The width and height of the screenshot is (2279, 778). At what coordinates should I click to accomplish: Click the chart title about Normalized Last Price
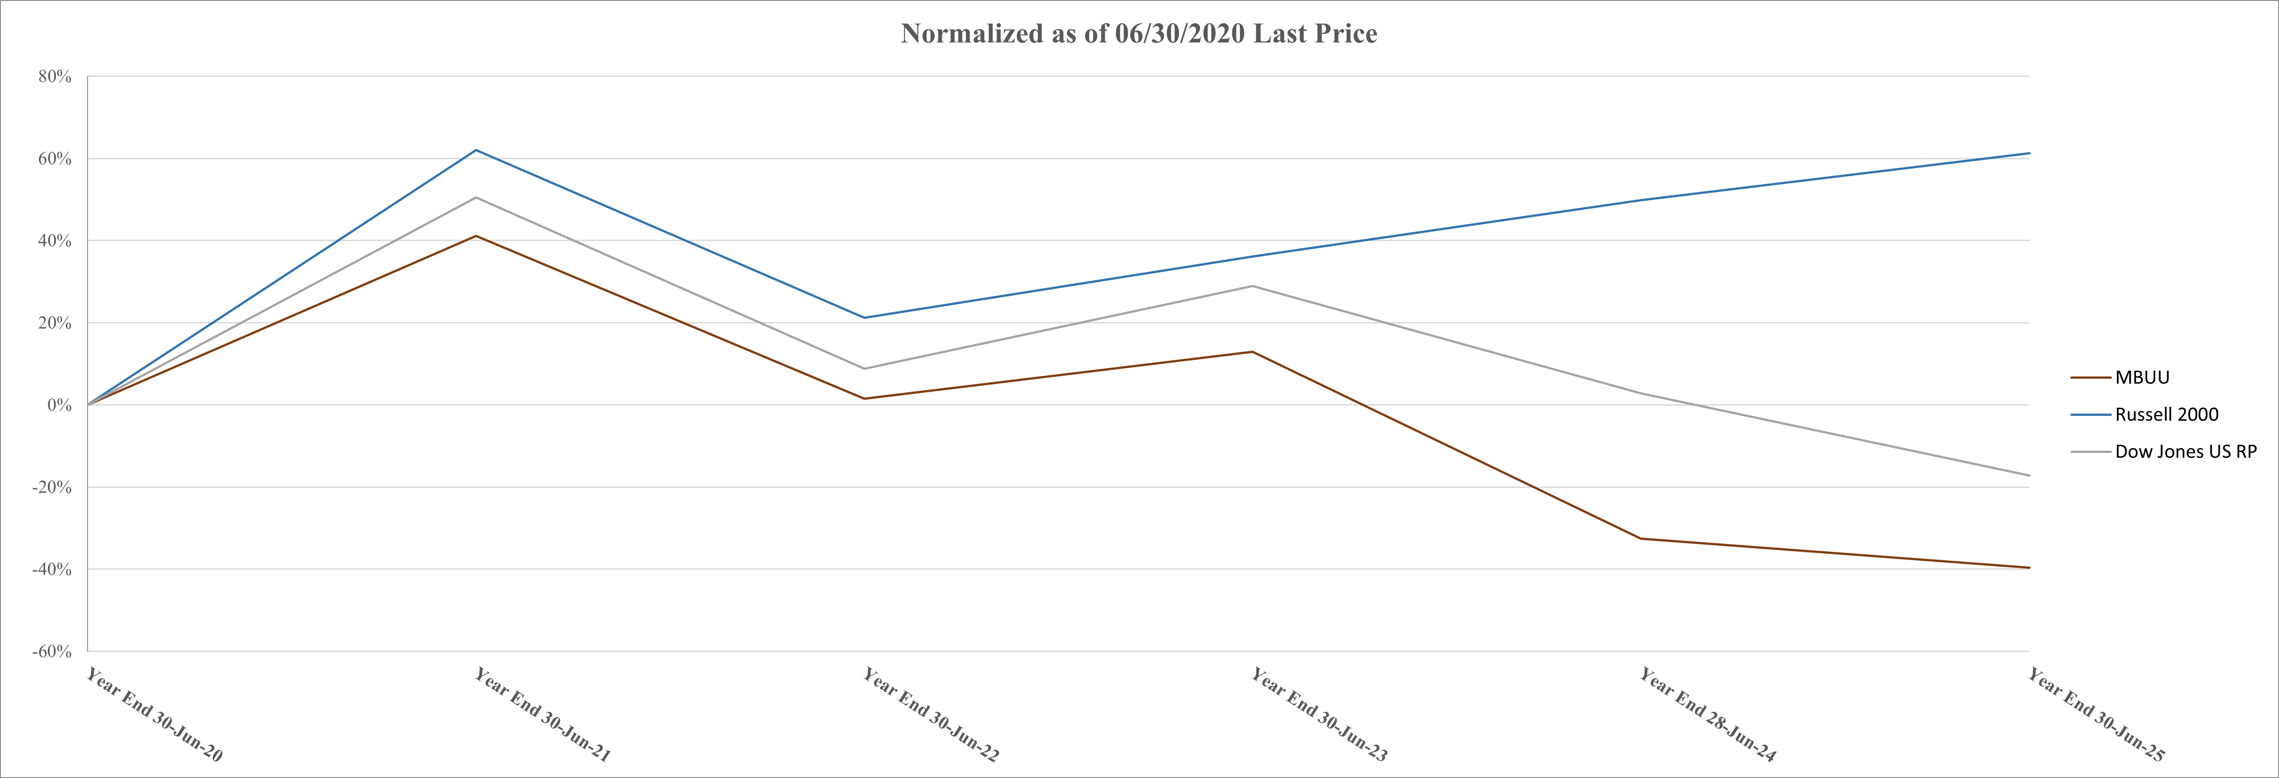1139,34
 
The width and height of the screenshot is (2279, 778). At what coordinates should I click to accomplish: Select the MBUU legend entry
2142,377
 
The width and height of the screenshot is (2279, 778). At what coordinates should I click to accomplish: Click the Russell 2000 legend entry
2166,414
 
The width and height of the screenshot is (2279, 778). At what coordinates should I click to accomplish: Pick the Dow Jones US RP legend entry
2185,452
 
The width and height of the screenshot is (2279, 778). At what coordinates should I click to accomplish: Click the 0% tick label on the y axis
59,406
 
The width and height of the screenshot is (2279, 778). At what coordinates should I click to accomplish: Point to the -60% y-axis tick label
52,651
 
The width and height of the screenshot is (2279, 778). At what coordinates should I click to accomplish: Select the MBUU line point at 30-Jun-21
476,236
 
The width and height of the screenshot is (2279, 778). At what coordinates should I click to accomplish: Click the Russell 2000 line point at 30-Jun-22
865,318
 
